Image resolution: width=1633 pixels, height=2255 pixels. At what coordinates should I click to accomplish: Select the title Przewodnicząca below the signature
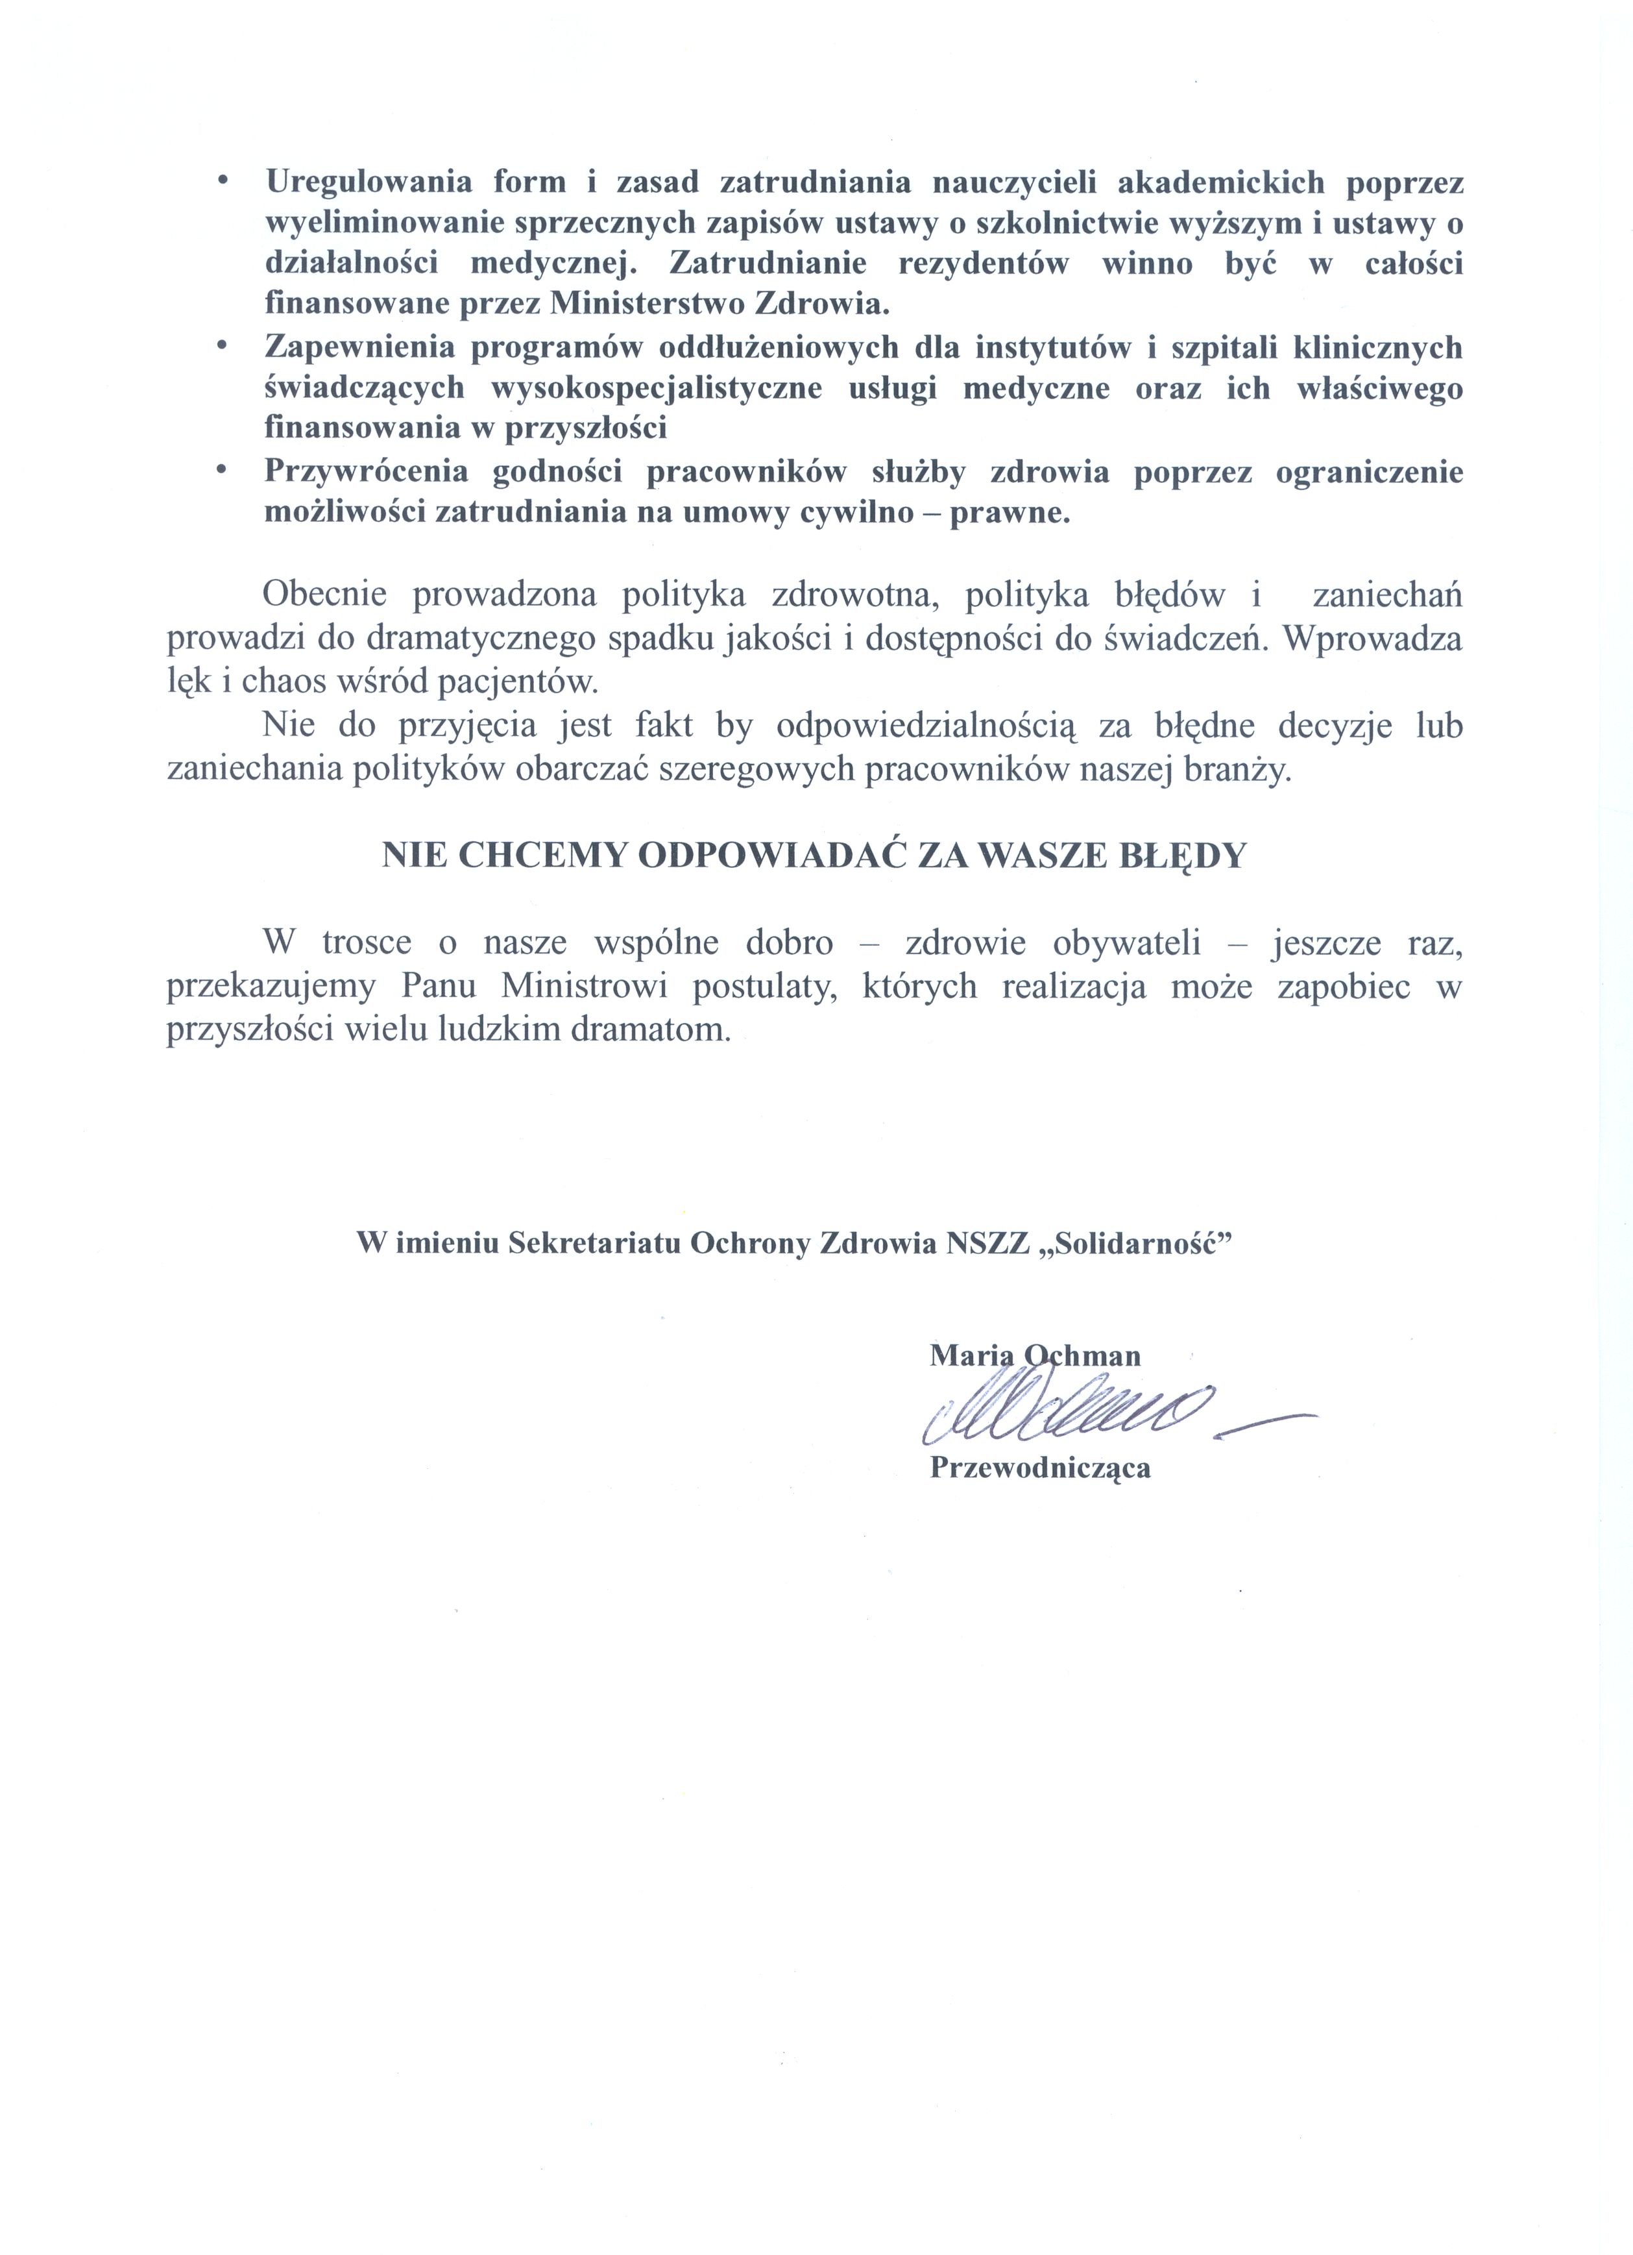(1039, 1468)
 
